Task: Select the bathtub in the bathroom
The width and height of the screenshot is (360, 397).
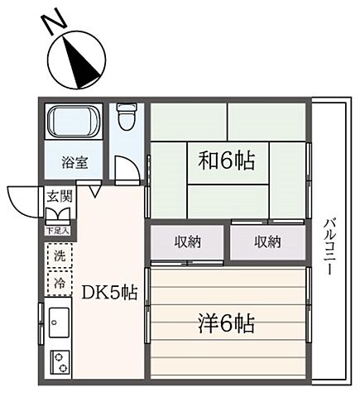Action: point(73,125)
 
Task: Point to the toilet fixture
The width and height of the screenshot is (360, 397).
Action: point(125,117)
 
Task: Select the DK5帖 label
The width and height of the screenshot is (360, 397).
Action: point(108,291)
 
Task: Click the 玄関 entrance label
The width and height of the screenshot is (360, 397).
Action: point(59,197)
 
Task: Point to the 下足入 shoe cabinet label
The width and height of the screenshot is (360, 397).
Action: point(58,231)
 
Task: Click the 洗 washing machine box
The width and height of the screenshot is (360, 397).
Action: point(60,256)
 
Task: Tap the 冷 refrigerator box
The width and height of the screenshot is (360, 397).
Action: point(60,283)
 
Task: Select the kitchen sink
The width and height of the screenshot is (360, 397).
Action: point(60,318)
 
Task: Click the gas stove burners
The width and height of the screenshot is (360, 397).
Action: point(60,361)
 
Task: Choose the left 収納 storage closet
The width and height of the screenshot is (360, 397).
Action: point(186,242)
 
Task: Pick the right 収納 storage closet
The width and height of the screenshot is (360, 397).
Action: point(266,242)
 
